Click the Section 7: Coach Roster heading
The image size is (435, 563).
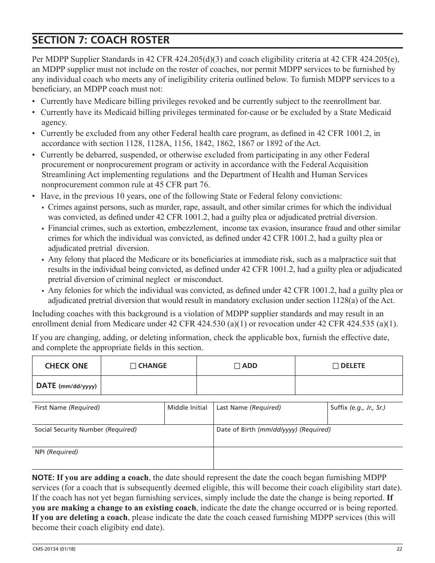click(101, 40)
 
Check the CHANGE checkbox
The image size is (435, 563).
click(133, 366)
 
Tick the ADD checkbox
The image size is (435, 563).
click(237, 366)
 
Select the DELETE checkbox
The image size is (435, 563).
click(336, 366)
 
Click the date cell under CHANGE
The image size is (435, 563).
click(148, 385)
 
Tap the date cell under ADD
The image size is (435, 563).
click(245, 385)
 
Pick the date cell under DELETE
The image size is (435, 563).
click(348, 385)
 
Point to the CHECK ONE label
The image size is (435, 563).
click(66, 366)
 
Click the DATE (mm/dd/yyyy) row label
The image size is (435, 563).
click(66, 386)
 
